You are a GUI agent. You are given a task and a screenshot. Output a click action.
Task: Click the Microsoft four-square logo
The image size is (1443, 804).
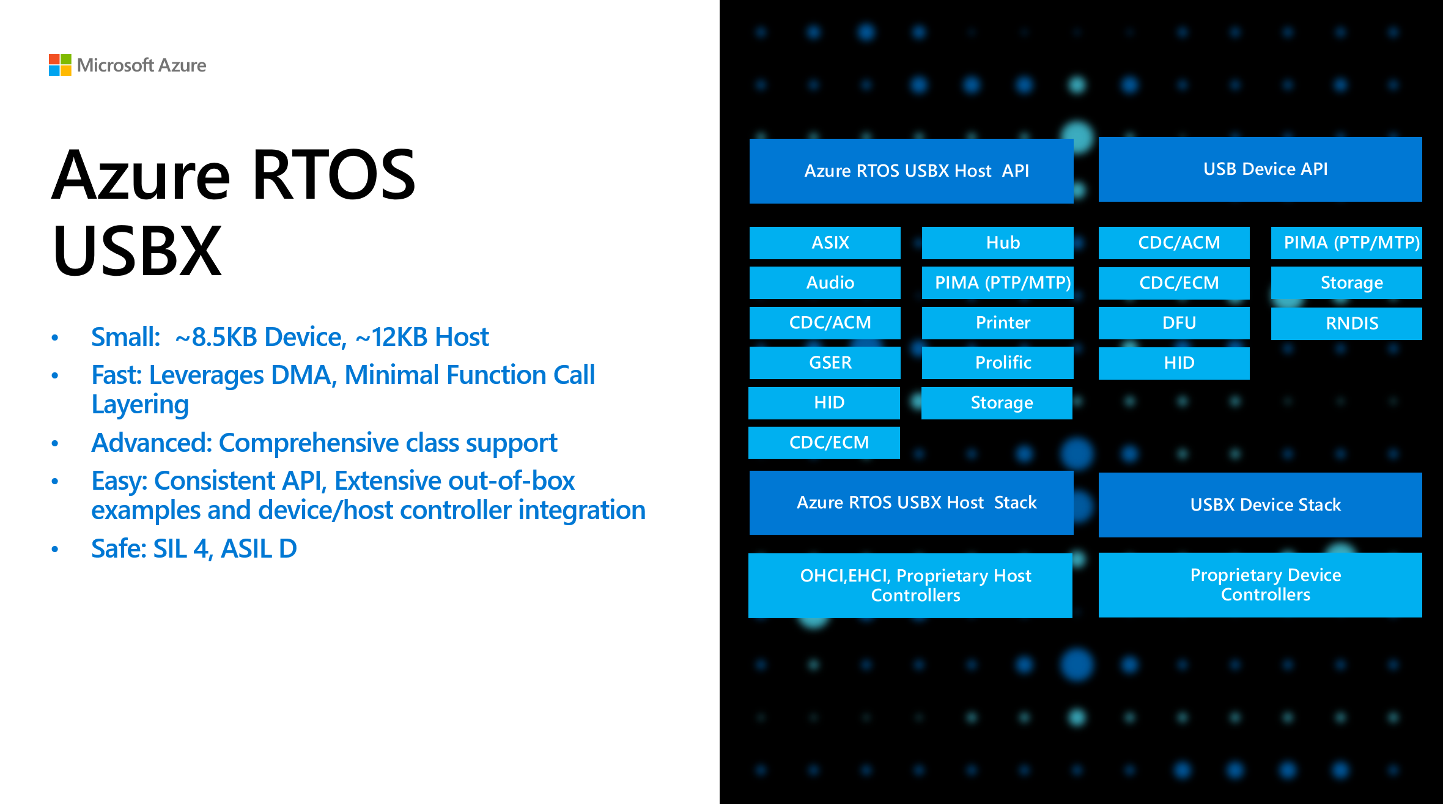tap(60, 65)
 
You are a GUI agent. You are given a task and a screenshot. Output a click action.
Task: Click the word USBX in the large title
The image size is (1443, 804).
tap(137, 251)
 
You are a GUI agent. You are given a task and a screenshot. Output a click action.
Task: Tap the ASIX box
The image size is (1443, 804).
tap(825, 243)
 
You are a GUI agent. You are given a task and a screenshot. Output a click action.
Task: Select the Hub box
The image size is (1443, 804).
tap(997, 243)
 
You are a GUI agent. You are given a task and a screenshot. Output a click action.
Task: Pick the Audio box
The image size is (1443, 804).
tap(825, 282)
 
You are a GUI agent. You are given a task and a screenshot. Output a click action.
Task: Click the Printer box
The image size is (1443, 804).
tap(997, 323)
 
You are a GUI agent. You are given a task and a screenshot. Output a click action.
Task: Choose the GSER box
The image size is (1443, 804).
tap(825, 363)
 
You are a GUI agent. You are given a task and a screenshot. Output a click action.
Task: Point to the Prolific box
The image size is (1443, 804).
tap(997, 363)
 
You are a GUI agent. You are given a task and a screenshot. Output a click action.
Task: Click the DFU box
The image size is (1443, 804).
tap(1174, 323)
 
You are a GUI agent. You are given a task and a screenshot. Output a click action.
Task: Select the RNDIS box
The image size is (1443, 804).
tap(1346, 323)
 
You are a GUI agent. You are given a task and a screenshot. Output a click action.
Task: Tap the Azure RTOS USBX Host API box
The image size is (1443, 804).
tap(911, 171)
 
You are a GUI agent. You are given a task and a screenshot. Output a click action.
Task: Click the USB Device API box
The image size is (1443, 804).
tap(1260, 169)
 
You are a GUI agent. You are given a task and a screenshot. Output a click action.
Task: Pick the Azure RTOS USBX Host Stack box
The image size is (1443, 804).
tap(911, 503)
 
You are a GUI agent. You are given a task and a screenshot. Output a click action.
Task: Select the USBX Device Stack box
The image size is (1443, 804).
tap(1260, 505)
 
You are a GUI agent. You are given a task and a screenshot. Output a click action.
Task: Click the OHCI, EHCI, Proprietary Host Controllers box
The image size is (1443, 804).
tap(910, 585)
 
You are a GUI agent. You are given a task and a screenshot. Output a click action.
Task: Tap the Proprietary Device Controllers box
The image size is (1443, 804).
tap(1260, 585)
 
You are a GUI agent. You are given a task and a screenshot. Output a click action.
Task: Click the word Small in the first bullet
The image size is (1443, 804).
tap(125, 337)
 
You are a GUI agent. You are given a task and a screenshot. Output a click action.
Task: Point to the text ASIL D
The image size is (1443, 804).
tap(259, 548)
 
